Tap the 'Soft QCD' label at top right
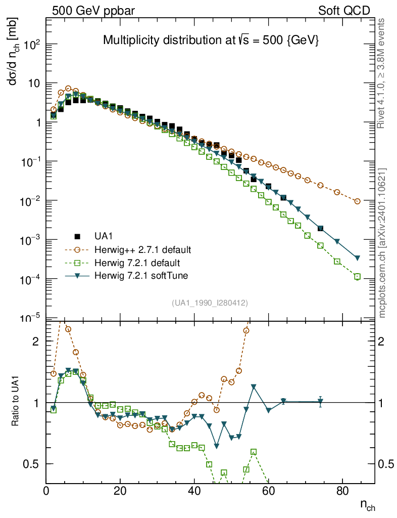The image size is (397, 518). pyautogui.click(x=344, y=11)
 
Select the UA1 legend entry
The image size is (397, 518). pyautogui.click(x=104, y=236)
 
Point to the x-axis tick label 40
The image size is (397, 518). pyautogui.click(x=194, y=491)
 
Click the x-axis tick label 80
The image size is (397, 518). pyautogui.click(x=342, y=491)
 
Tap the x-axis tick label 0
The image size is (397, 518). pyautogui.click(x=46, y=491)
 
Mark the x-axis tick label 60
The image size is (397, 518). pyautogui.click(x=268, y=491)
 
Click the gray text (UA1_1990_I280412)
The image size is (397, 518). pyautogui.click(x=210, y=303)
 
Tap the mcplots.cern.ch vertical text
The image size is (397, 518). pyautogui.click(x=382, y=243)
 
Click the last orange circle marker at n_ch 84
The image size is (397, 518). pyautogui.click(x=358, y=201)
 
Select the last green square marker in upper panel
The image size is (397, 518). pyautogui.click(x=358, y=277)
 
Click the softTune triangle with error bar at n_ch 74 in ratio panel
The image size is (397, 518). pyautogui.click(x=320, y=402)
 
